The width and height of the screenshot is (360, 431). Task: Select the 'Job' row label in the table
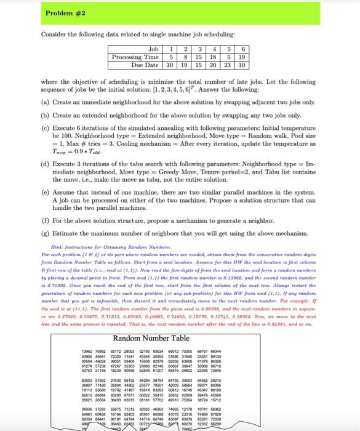(x=154, y=47)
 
